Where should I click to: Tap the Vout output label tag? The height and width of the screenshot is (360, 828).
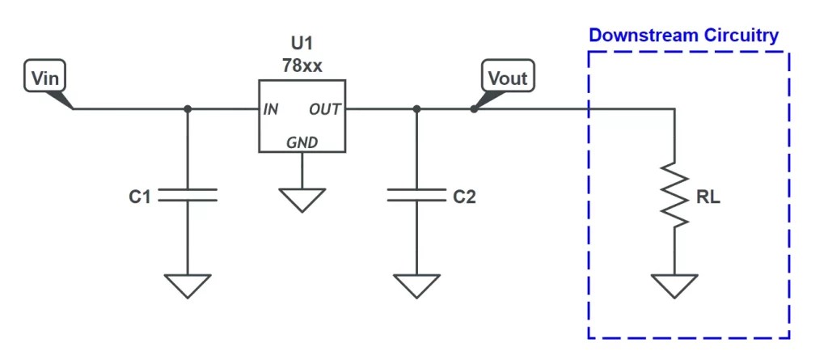click(x=508, y=78)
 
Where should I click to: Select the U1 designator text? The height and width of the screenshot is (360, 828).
click(x=302, y=44)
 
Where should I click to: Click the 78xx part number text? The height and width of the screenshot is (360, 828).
click(x=302, y=66)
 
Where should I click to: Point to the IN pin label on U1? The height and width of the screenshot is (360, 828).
click(x=271, y=109)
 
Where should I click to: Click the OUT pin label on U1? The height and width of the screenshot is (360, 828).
click(x=325, y=109)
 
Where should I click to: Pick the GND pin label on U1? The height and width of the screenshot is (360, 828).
click(x=302, y=142)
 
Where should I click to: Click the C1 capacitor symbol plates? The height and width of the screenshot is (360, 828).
click(x=188, y=195)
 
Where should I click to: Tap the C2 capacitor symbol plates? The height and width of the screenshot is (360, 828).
click(x=416, y=195)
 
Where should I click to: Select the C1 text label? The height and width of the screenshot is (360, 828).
click(x=140, y=196)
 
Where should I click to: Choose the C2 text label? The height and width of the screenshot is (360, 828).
click(x=465, y=196)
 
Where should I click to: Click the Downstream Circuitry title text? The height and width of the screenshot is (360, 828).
click(x=683, y=36)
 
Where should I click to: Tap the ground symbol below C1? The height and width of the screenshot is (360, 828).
click(x=188, y=285)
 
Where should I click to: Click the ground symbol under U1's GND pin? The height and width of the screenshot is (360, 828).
click(x=302, y=199)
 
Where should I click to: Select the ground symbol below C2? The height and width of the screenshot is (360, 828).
click(x=416, y=285)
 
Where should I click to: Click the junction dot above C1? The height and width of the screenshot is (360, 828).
click(x=188, y=108)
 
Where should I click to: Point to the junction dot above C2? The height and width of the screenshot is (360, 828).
click(x=416, y=108)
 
